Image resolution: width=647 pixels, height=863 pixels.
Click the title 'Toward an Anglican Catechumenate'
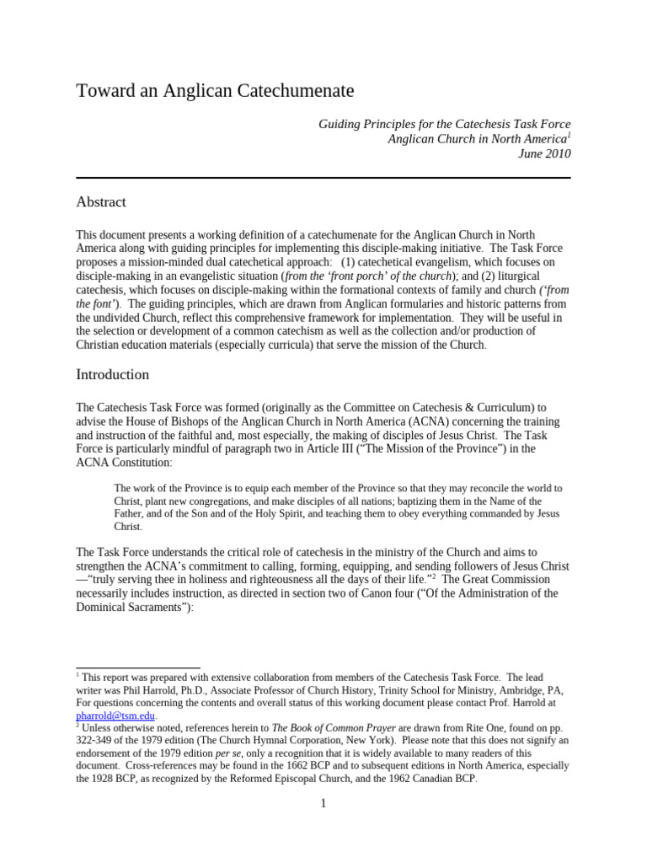coord(215,90)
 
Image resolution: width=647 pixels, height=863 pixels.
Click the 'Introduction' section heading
coord(112,374)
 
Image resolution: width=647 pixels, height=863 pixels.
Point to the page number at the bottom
coord(323,803)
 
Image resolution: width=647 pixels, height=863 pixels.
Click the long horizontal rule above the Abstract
coord(323,178)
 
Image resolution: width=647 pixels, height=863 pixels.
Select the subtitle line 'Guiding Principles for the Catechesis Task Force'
coord(444,124)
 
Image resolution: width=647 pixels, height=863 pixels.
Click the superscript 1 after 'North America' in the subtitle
coord(569,135)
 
